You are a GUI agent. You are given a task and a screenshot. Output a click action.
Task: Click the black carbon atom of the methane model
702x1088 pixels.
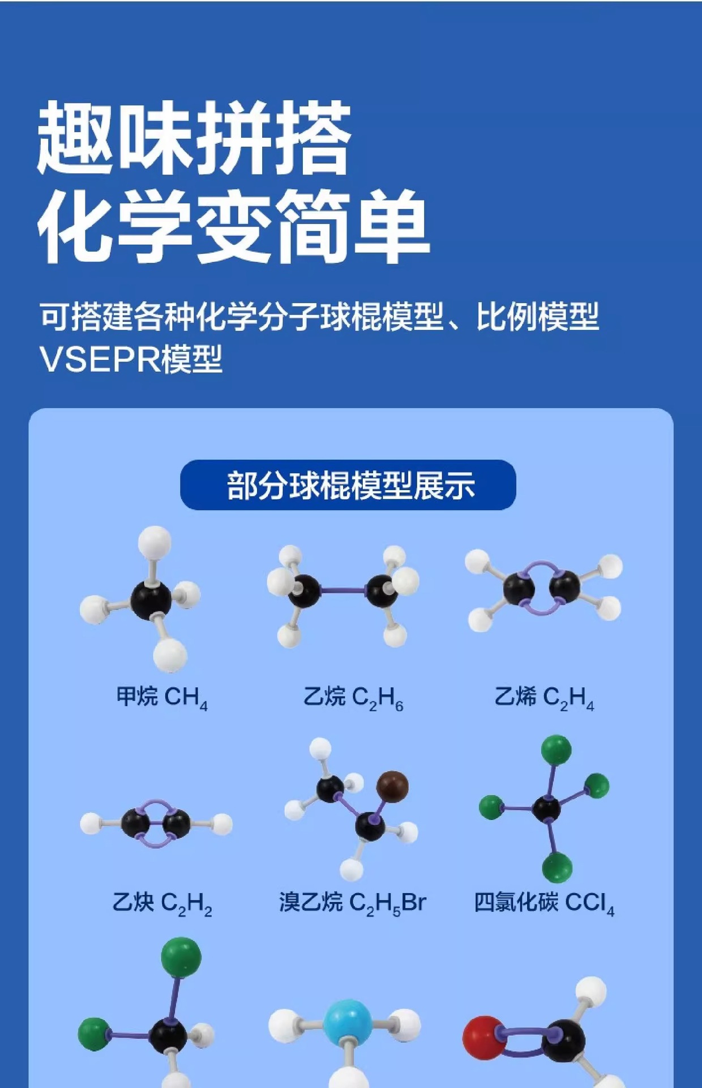click(151, 600)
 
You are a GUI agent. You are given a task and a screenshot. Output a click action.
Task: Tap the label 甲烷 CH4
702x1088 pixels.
click(162, 698)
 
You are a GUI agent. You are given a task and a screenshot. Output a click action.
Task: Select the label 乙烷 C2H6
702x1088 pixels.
click(353, 698)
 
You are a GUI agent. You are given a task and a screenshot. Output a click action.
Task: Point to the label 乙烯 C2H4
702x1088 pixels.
click(544, 698)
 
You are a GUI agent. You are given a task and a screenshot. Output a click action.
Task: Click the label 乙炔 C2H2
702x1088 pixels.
click(162, 903)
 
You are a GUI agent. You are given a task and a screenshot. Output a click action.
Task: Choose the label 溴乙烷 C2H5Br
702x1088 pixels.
click(352, 903)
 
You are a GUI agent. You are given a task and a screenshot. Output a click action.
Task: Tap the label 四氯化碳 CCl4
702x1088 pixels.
click(543, 903)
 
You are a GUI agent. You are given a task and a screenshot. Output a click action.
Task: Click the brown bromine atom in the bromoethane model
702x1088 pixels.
click(392, 787)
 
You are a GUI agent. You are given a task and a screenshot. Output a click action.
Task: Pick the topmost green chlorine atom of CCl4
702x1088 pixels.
click(556, 750)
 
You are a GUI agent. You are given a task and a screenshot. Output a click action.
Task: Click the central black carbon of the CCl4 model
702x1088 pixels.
click(547, 809)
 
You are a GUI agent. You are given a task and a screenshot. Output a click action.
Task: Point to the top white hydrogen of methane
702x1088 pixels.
click(155, 541)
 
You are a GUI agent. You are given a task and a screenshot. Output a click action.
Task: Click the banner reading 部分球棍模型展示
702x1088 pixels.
click(348, 485)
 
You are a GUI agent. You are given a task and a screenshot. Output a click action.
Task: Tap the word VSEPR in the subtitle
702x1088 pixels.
click(99, 359)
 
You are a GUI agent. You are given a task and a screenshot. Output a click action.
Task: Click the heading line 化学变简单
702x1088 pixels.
click(233, 227)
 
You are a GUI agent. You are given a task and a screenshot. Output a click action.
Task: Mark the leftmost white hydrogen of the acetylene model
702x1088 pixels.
click(91, 823)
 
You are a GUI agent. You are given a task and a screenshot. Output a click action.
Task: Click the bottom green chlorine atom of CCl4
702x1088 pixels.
click(557, 867)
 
